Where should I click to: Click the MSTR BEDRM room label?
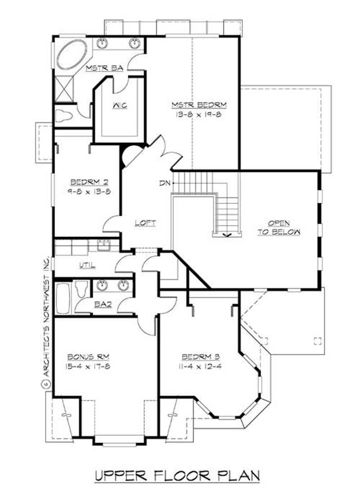point(198,105)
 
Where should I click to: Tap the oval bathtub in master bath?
point(72,54)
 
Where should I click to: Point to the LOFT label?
point(145,223)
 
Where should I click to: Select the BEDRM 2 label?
point(88,182)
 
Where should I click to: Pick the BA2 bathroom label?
point(103,304)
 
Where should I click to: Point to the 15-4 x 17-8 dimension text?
point(89,366)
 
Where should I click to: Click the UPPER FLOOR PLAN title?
point(177,476)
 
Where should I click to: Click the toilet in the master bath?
point(64,115)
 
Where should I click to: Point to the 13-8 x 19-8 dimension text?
point(198,114)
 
